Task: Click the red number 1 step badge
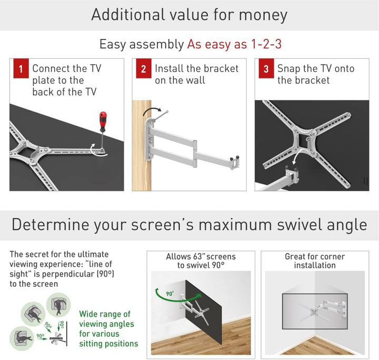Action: tap(21, 68)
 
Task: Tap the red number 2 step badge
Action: tap(144, 68)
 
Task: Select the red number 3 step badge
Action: tap(266, 68)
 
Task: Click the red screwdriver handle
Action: tap(103, 118)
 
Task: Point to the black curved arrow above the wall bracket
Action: tap(151, 109)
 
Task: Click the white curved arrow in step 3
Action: tap(296, 156)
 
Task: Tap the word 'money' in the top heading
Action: tap(263, 15)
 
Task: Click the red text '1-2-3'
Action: tap(266, 44)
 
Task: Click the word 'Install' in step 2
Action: tap(169, 68)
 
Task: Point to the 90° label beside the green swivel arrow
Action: tap(170, 294)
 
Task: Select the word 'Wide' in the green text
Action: tap(88, 314)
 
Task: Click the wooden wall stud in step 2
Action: tap(142, 145)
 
